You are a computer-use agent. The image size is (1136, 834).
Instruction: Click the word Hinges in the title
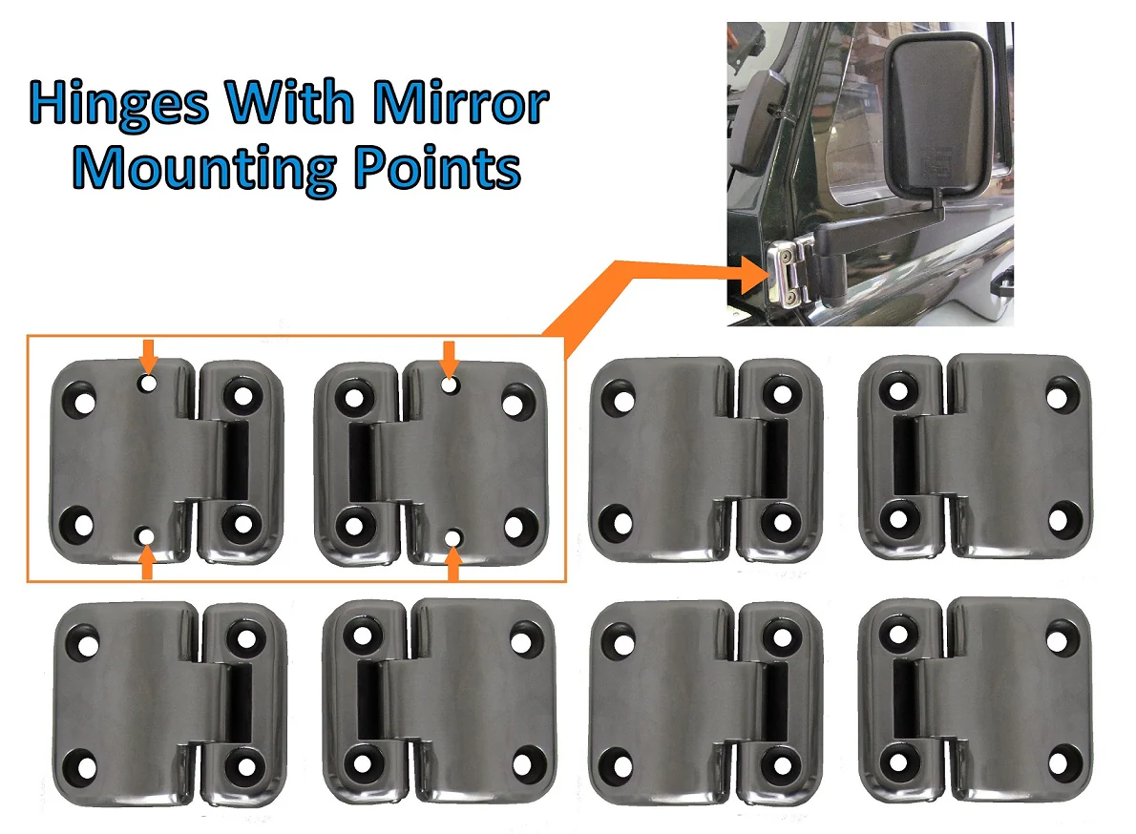click(x=118, y=105)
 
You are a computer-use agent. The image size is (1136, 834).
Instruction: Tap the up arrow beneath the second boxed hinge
click(x=452, y=567)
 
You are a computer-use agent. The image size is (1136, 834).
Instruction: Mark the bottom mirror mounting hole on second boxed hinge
click(x=452, y=539)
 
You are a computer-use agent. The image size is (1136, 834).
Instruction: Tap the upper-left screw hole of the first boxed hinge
click(x=85, y=401)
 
